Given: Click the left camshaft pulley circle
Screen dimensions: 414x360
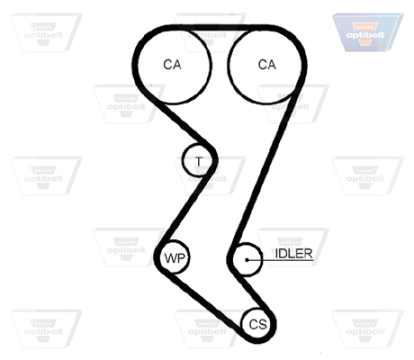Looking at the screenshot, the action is coord(137,65).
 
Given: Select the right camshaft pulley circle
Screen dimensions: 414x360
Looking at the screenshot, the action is coord(301,66).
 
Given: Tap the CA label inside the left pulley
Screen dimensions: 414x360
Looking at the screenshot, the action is coord(172,65).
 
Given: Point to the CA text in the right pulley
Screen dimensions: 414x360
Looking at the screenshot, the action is coord(267,65).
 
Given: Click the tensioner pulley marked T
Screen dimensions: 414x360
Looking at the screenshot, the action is coord(183,160).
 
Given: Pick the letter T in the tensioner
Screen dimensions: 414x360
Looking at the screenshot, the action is coord(199,161).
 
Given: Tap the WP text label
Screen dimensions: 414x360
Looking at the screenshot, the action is coord(175,258).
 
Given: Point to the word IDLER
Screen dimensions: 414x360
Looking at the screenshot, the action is coord(294,254).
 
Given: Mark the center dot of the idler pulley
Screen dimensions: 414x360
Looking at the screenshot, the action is coord(247,260).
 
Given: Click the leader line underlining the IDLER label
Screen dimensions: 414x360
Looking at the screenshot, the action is coord(280,260).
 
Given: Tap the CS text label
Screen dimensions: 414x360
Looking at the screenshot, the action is coord(258,324).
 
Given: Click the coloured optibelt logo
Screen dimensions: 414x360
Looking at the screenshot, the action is coord(367,32).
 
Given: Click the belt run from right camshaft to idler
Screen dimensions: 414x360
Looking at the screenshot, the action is coord(266,169).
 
